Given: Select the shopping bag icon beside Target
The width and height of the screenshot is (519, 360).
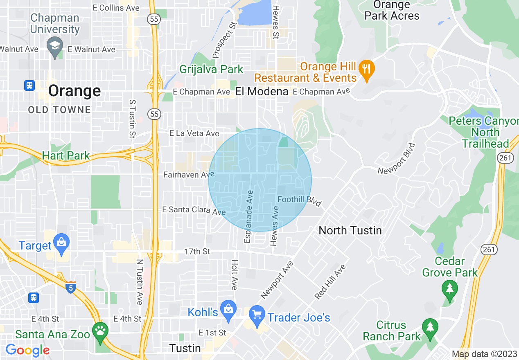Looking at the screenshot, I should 62,242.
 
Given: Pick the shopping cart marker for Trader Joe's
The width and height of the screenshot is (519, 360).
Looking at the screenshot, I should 257,316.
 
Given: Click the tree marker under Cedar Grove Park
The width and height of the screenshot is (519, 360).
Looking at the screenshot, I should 449,289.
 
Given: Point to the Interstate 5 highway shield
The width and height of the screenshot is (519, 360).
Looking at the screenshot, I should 70,288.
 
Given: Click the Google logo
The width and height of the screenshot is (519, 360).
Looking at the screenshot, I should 27,350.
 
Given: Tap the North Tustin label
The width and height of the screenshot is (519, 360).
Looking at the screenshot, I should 350,230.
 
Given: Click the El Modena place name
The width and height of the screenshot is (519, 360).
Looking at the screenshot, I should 262,92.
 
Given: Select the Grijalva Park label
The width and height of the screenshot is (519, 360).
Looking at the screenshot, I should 211,69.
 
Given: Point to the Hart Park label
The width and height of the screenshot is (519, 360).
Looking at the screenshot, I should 65,156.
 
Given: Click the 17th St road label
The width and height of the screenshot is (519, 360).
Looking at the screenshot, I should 197,251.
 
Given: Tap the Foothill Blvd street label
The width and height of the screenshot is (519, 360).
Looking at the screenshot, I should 300,200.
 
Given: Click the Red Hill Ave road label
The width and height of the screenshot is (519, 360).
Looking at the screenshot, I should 331,282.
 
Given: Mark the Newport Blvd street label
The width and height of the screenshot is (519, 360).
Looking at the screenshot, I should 396,159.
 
